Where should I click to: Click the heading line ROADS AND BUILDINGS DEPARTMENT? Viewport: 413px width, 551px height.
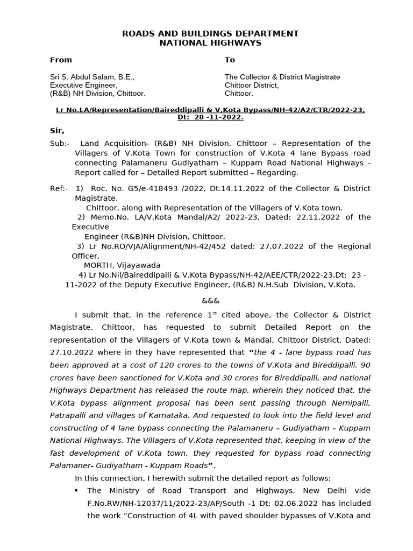(x=210, y=33)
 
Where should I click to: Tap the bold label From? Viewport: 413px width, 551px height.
(x=61, y=60)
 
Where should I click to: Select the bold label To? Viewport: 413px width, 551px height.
(x=230, y=60)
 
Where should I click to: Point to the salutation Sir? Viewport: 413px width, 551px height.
(x=57, y=131)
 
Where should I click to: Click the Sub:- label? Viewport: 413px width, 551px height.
(x=60, y=144)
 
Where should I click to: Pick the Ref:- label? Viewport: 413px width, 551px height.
(x=59, y=188)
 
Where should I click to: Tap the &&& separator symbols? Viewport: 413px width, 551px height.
(x=210, y=300)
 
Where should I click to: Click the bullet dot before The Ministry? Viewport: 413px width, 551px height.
(x=76, y=491)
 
